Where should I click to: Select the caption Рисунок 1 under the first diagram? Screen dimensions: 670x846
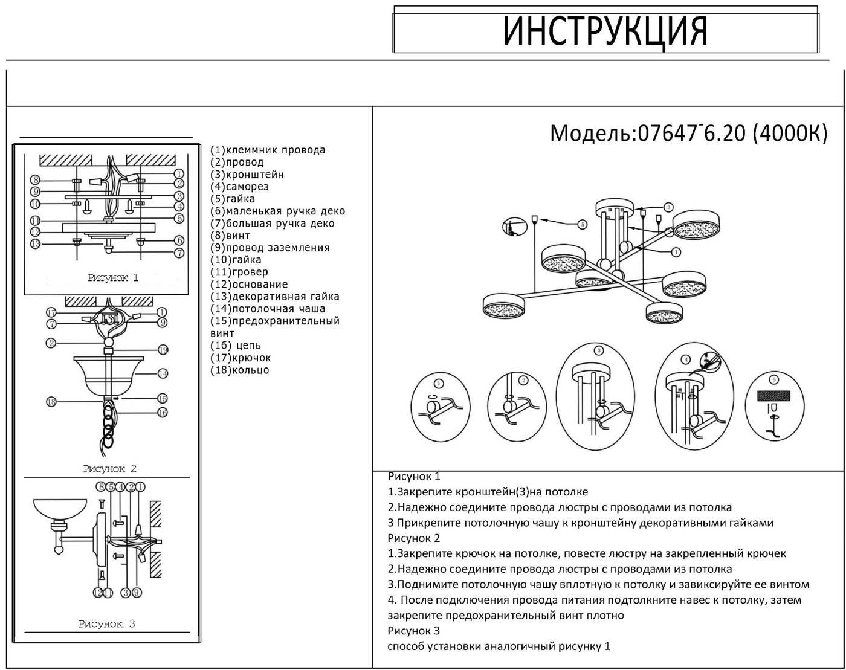[113, 278]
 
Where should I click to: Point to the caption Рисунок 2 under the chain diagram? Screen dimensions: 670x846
[110, 469]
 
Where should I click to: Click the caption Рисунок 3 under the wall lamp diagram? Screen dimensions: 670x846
[106, 623]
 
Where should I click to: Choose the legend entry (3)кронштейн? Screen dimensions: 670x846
[247, 175]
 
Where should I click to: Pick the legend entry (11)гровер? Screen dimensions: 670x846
[239, 272]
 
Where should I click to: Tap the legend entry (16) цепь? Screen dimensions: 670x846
[236, 346]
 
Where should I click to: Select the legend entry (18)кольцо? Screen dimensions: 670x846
[240, 370]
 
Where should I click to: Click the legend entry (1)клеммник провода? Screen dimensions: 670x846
[268, 150]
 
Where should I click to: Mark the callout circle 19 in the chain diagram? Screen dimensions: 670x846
[163, 350]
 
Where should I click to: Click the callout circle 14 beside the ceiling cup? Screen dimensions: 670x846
[163, 373]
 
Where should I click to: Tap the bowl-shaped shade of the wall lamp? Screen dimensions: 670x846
[60, 508]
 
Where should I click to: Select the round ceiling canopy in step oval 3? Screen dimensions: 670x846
[595, 370]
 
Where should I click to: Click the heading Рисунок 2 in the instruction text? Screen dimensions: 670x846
[414, 538]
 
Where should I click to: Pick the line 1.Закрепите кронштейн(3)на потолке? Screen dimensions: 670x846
[488, 492]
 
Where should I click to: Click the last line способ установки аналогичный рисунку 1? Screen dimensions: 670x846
[499, 646]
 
